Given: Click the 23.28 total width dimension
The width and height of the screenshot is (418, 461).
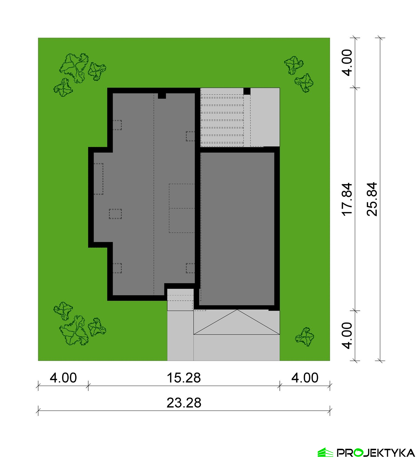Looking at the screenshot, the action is tap(184, 403).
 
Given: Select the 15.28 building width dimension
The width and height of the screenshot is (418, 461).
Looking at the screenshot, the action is tap(184, 378).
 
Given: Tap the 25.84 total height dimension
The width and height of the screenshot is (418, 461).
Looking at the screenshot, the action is tap(372, 199).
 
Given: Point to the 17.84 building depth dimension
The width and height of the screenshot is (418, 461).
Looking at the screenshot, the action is tap(347, 199).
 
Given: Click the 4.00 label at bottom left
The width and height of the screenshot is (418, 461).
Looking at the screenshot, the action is tap(63, 378).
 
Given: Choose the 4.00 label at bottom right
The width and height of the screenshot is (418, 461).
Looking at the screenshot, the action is tap(305, 378).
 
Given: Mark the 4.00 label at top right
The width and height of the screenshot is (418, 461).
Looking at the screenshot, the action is tap(347, 63).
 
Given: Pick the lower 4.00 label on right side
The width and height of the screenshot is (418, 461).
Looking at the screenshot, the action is tap(347, 336).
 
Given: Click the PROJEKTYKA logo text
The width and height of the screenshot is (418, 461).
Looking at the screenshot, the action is tap(376, 453).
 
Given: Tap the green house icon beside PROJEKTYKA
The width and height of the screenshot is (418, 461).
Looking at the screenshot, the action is tap(325, 452).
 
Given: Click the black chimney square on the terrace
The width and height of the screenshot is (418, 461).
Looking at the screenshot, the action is tap(247, 91).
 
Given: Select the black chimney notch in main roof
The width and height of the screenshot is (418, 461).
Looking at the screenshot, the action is tap(162, 96).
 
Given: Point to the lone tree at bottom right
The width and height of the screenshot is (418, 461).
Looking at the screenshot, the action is tap(305, 337).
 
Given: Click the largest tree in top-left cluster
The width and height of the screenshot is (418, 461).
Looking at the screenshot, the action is tap(74, 68).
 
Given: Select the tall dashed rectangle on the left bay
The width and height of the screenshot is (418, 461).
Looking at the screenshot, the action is tap(98, 179).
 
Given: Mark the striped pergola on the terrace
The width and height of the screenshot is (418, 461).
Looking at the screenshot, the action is tap(222, 120).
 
